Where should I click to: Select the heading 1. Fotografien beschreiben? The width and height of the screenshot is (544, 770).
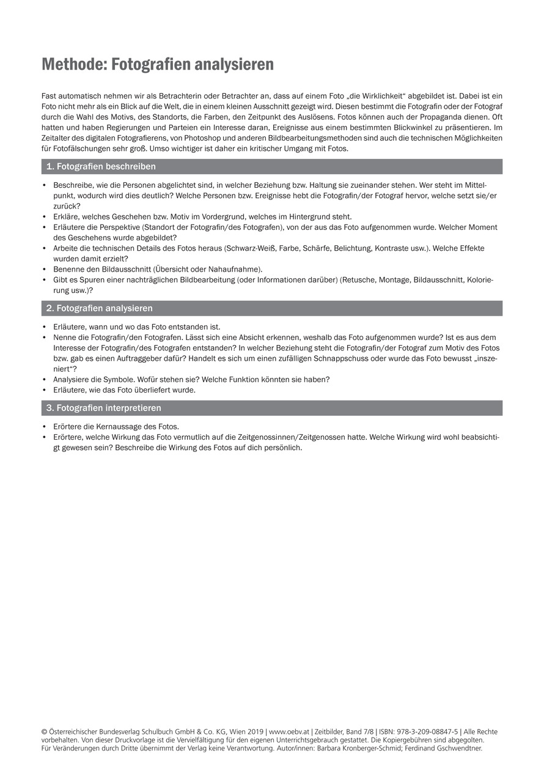(101, 166)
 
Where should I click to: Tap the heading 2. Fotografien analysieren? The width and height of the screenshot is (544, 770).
(100, 308)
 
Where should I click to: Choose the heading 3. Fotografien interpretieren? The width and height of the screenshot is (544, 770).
(104, 408)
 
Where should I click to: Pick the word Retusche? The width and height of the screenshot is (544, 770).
(361, 280)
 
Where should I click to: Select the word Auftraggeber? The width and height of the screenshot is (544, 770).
(114, 358)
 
